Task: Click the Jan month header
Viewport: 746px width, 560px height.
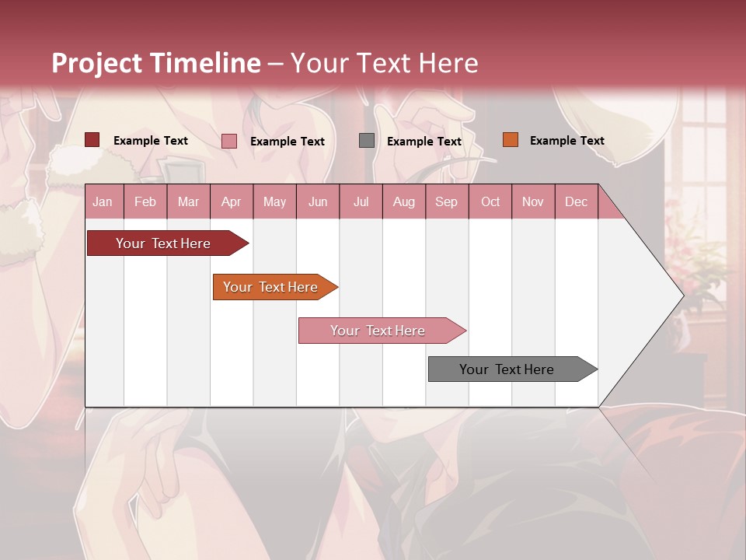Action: (103, 201)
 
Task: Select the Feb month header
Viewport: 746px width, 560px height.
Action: (145, 201)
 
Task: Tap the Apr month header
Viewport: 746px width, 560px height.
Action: (231, 201)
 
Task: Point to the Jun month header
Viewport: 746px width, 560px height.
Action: (318, 201)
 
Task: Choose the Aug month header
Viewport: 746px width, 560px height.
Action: (403, 201)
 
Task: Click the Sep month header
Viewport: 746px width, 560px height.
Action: (446, 201)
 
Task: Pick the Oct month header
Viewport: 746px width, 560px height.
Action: (490, 201)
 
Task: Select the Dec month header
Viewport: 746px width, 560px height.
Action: (576, 201)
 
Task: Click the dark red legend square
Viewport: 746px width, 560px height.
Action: (92, 140)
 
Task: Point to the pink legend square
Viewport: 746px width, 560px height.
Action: (229, 141)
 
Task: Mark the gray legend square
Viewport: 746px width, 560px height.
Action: (367, 141)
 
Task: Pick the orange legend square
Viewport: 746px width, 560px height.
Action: (510, 140)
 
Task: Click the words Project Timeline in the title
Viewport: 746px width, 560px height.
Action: (156, 63)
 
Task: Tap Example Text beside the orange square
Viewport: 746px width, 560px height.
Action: (566, 141)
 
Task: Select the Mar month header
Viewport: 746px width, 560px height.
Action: (188, 201)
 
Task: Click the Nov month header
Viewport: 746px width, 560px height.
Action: (532, 201)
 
